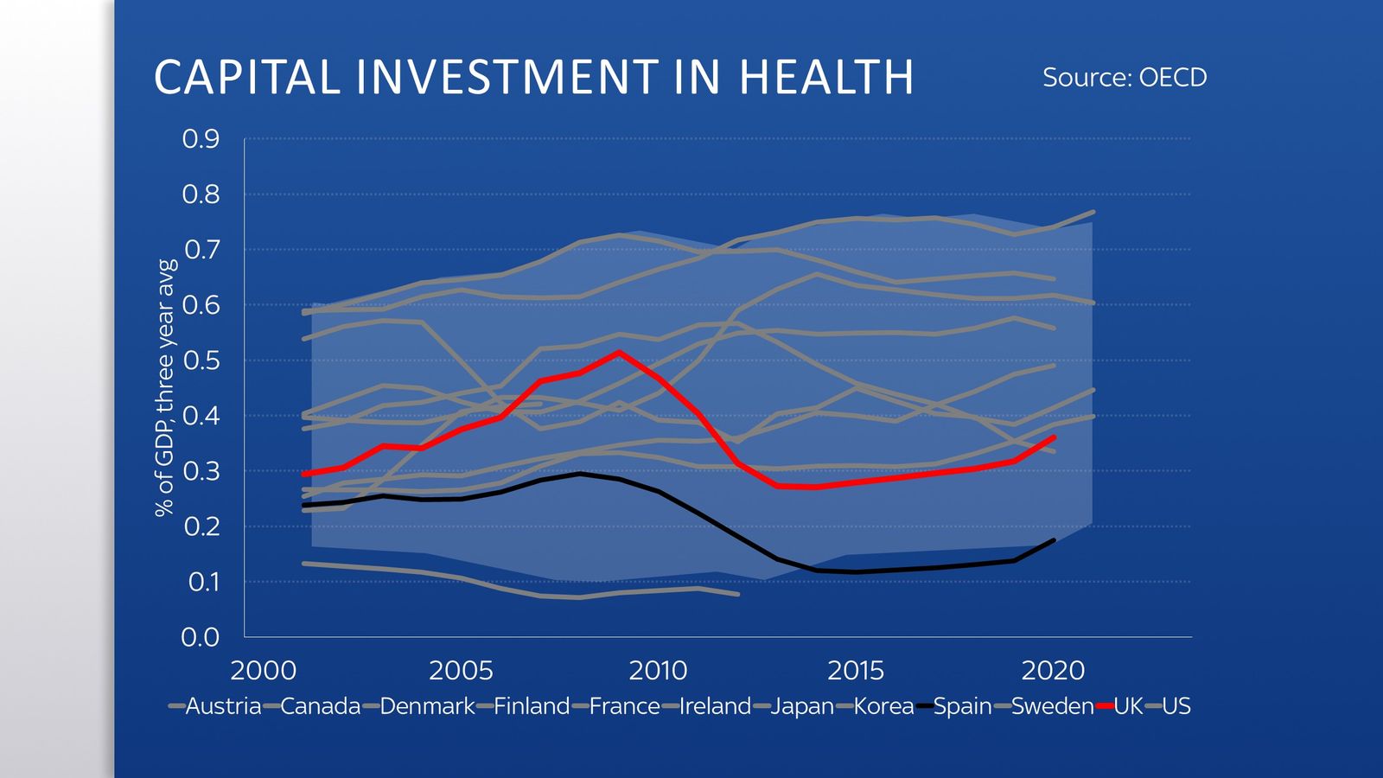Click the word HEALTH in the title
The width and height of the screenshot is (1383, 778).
[826, 77]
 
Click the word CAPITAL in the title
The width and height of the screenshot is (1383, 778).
[247, 77]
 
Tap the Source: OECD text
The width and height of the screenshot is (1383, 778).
[1124, 78]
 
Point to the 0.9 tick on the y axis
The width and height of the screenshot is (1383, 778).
[201, 139]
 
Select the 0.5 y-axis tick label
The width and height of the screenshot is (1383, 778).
[201, 360]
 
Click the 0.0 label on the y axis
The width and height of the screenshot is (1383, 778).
[201, 638]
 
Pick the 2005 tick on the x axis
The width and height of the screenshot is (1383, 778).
[461, 670]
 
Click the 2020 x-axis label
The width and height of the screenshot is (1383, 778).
[1053, 670]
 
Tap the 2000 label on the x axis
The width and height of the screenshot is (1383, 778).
[264, 670]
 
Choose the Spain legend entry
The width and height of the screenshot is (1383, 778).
[962, 706]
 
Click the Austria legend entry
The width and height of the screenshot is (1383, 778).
[223, 706]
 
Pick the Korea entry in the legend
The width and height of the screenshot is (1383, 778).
[883, 706]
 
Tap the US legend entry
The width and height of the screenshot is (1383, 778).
[1176, 706]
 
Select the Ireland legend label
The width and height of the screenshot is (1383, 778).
[715, 706]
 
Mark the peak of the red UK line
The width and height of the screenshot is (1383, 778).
[618, 352]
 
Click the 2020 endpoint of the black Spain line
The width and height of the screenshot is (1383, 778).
[1054, 540]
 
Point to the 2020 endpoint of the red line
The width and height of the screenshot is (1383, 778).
[1054, 437]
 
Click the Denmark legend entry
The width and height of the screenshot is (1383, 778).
[427, 706]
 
